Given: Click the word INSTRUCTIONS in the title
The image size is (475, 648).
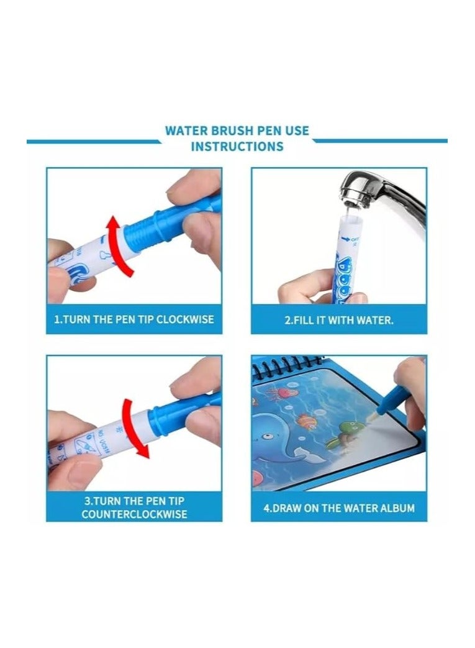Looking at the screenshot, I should (237, 147).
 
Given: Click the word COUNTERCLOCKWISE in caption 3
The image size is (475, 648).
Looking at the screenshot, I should (134, 514).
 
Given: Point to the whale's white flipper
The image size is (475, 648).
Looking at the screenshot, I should (301, 450).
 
